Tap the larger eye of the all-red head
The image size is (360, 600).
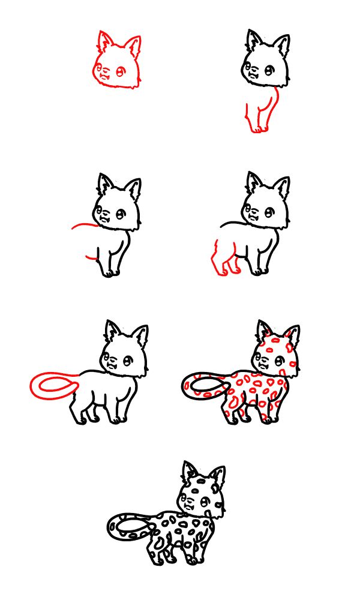pyautogui.click(x=120, y=71)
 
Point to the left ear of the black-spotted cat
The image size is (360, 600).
pyautogui.click(x=190, y=472)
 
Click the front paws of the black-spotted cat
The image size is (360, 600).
pyautogui.click(x=192, y=561)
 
